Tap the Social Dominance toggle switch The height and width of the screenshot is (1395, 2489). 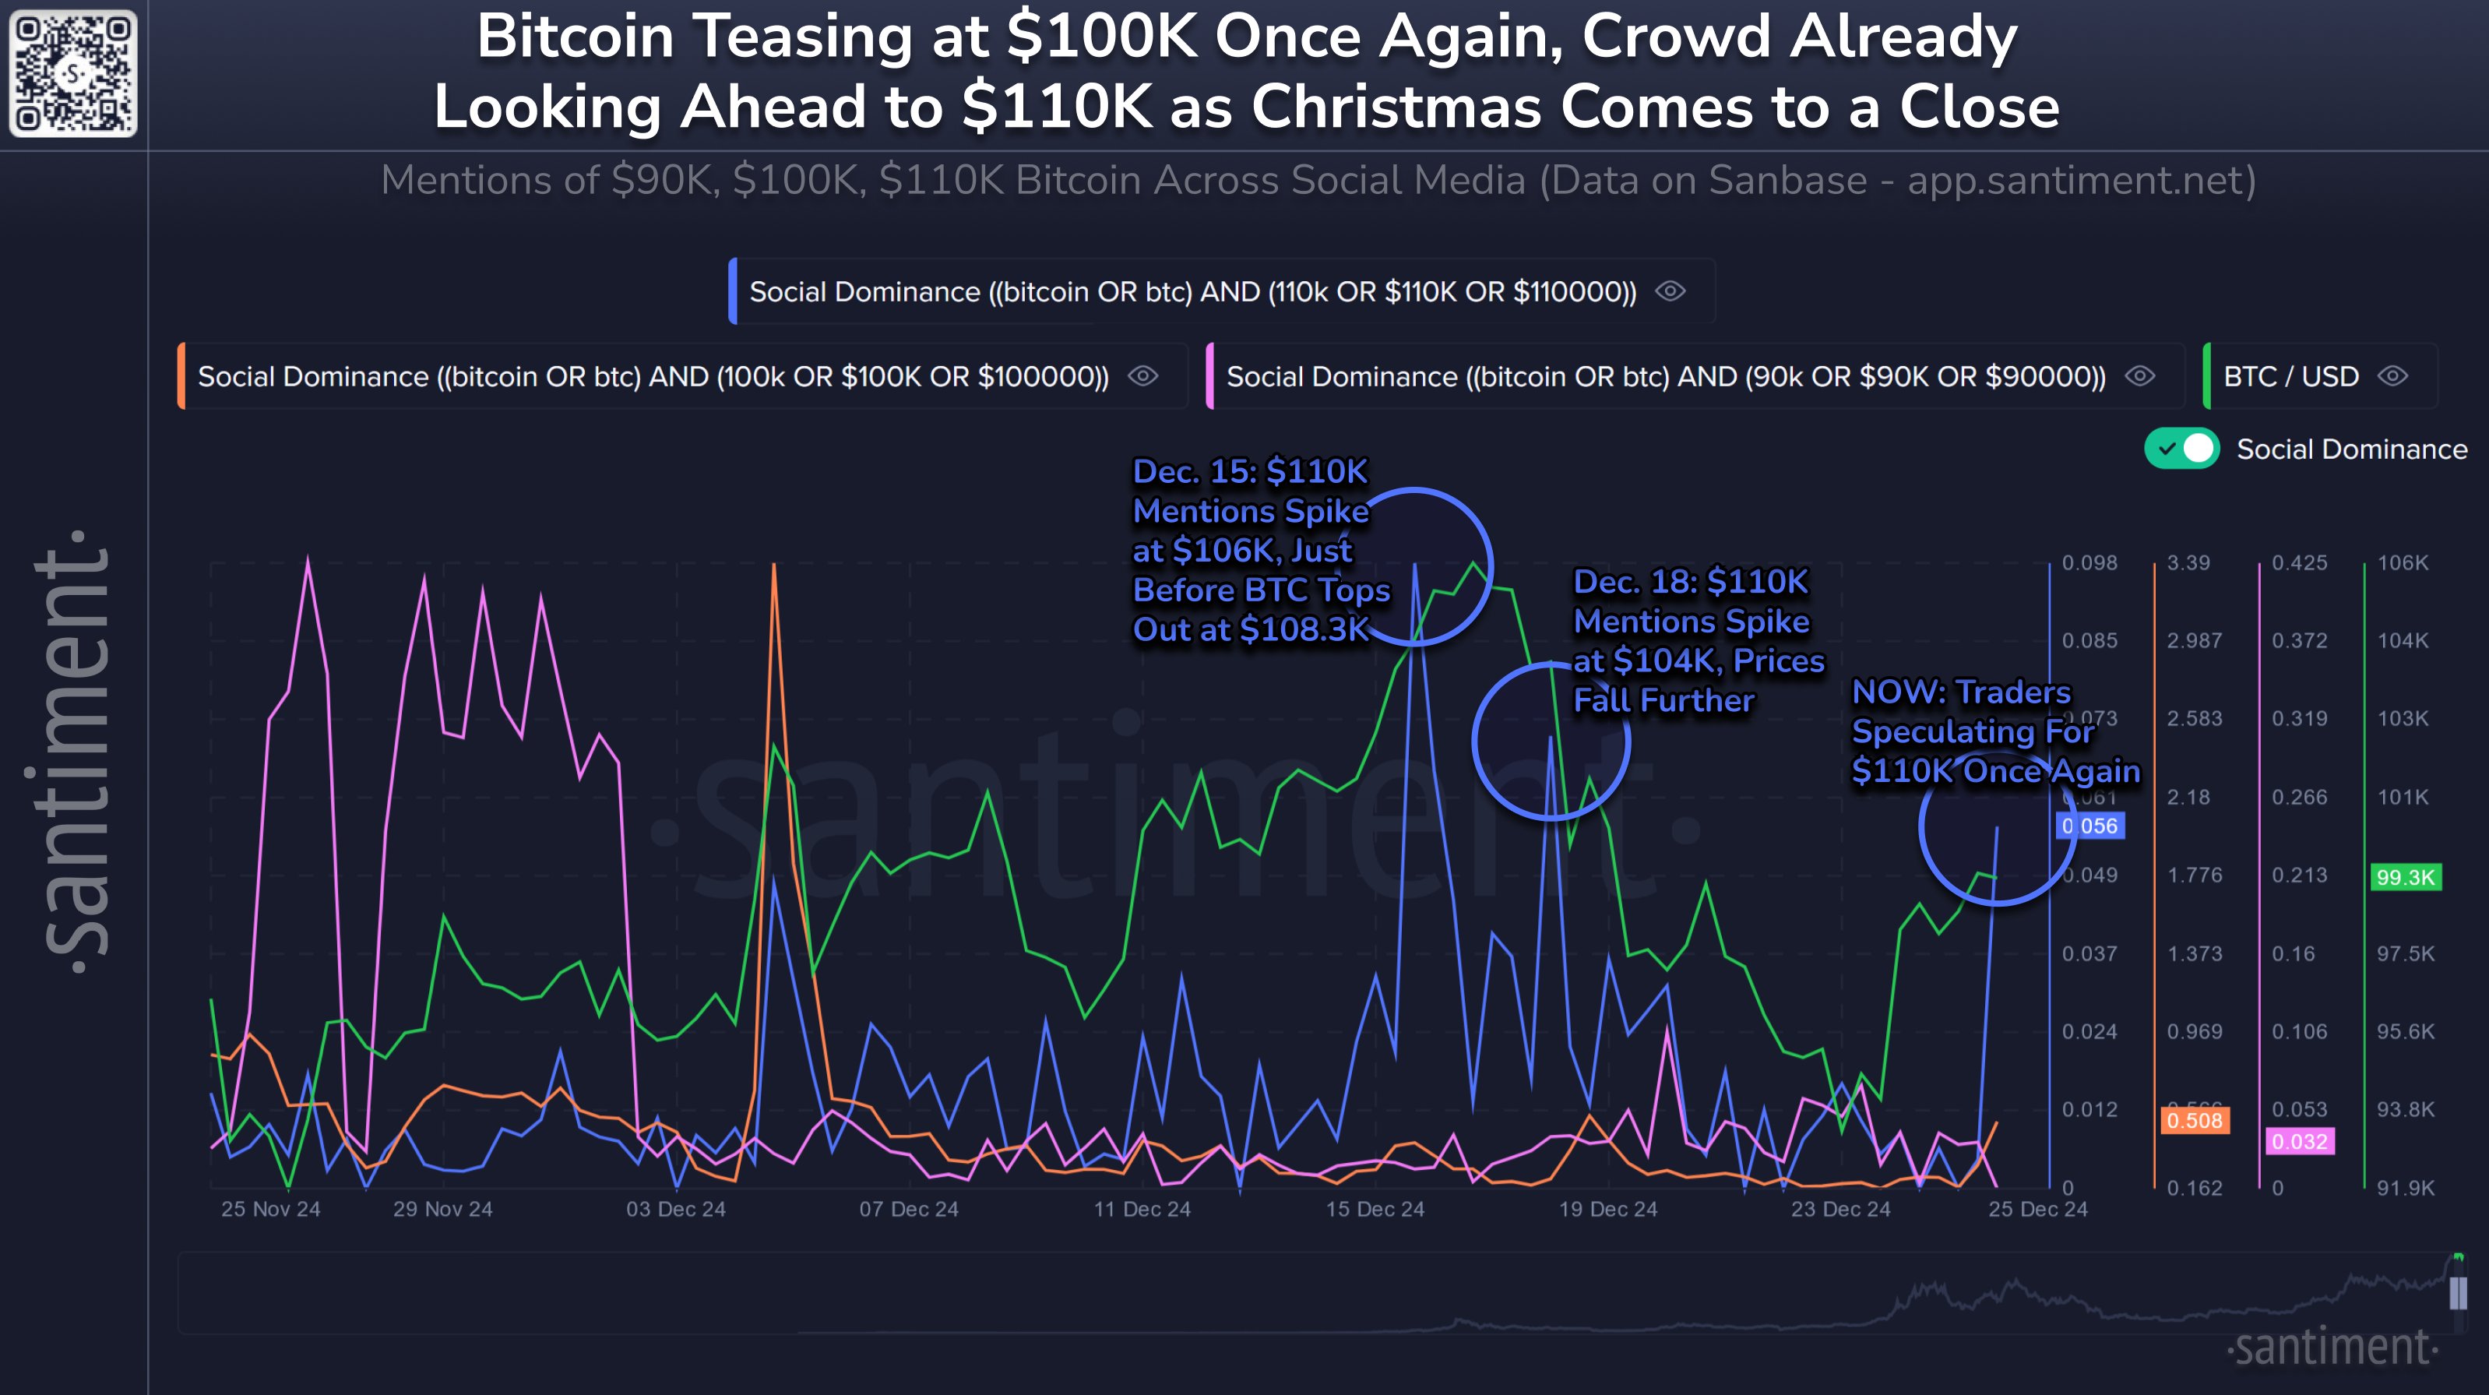point(2181,449)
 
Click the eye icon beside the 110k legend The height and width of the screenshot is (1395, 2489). point(1670,291)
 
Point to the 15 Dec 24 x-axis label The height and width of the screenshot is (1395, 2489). point(1374,1209)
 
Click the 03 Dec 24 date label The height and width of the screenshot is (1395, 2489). point(675,1209)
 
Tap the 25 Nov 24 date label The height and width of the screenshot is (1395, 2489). point(270,1209)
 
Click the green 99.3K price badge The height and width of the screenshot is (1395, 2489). point(2405,877)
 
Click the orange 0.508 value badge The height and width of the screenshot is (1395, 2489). point(2195,1121)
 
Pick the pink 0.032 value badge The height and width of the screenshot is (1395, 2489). point(2300,1142)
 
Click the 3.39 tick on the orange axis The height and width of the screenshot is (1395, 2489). point(2188,562)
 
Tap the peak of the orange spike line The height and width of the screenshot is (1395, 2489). point(774,565)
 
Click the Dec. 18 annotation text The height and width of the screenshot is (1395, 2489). point(1698,640)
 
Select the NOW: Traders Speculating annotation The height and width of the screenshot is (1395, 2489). point(1994,731)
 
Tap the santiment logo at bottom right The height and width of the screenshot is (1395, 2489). point(2332,1347)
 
